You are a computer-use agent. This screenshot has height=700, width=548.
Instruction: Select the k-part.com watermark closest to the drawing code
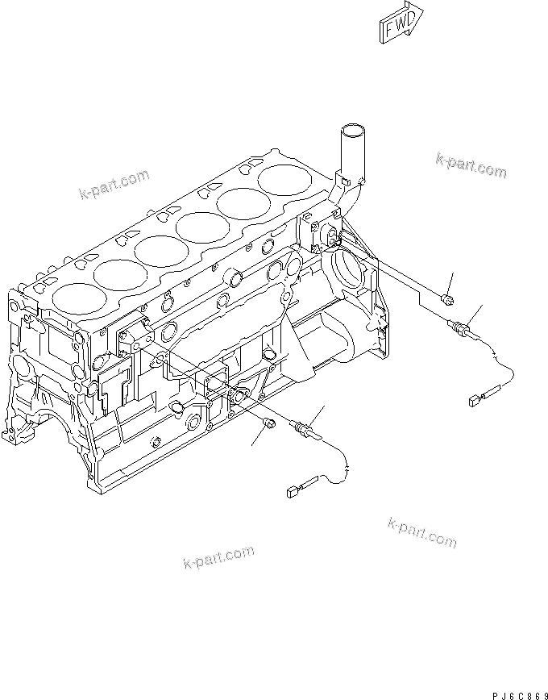pos(421,531)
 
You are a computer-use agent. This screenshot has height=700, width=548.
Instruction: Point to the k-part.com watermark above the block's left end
pos(114,183)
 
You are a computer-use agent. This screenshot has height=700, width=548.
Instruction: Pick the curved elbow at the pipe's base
pos(347,190)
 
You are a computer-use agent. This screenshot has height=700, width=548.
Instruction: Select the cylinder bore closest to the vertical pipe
pos(287,179)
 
